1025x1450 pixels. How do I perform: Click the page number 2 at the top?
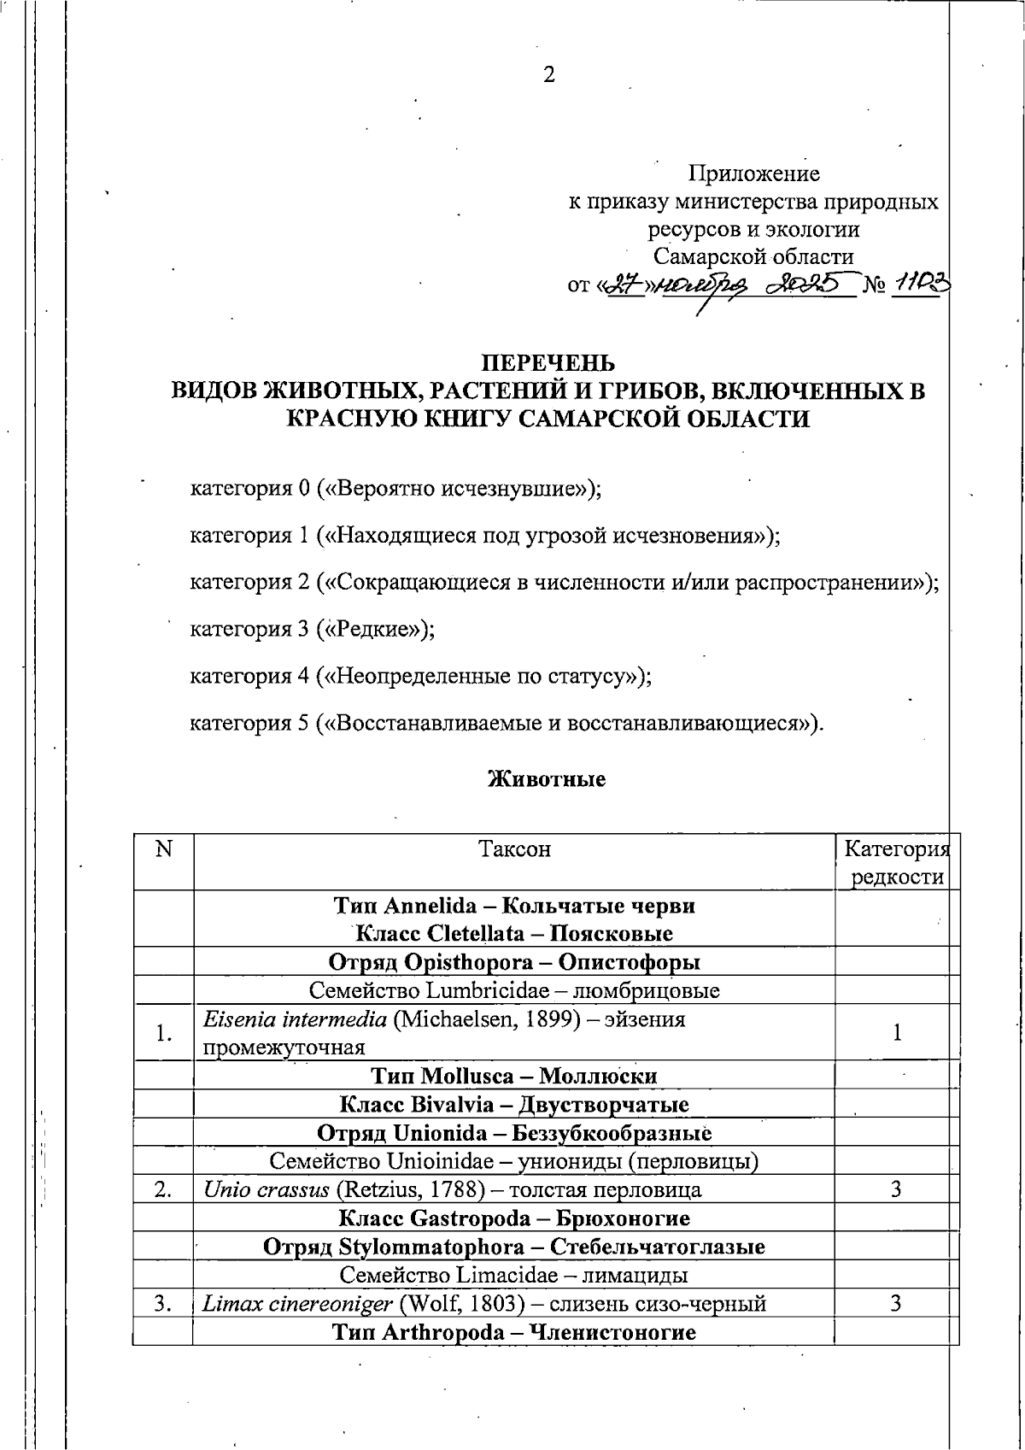point(549,75)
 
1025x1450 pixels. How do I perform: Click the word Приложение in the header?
point(753,174)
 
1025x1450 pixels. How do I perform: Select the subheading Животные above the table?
point(547,779)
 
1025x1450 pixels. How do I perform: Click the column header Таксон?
point(514,849)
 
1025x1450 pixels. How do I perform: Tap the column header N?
point(163,849)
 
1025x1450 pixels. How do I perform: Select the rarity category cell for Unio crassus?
point(895,1189)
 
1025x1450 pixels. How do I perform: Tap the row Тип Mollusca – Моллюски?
point(514,1076)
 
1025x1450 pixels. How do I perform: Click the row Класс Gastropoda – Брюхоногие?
point(514,1218)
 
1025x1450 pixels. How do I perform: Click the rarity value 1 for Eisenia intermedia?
point(897,1033)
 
